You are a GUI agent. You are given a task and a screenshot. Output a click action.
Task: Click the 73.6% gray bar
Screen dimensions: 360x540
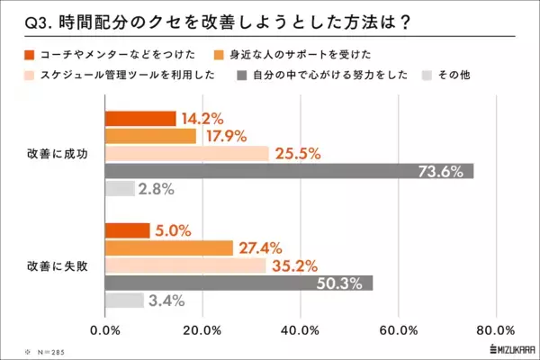point(288,171)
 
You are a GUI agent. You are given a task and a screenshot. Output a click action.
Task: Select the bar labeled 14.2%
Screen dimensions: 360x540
point(140,118)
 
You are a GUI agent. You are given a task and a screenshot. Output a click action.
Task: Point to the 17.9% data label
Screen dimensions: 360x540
point(224,136)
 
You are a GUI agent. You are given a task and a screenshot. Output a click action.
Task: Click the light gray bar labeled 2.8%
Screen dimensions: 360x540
point(120,189)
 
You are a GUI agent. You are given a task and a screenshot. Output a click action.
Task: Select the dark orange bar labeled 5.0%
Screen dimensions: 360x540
point(128,230)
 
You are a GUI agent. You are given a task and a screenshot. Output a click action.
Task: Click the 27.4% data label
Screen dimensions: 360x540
point(262,247)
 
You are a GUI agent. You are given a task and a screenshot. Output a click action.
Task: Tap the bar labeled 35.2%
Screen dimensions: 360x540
point(185,265)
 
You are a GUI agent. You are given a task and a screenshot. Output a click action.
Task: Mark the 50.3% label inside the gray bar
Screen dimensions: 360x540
point(338,283)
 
